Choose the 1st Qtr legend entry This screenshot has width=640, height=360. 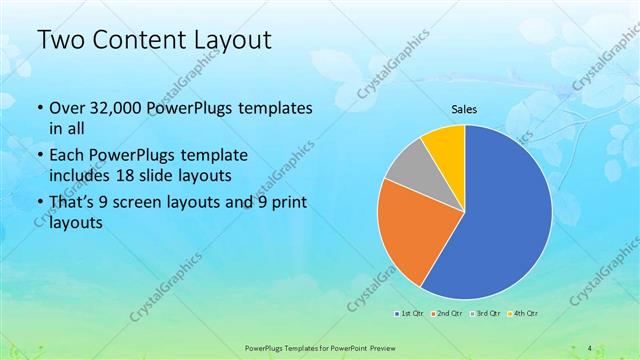409,314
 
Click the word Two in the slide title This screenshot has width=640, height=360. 59,41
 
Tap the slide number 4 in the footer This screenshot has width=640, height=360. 590,347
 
